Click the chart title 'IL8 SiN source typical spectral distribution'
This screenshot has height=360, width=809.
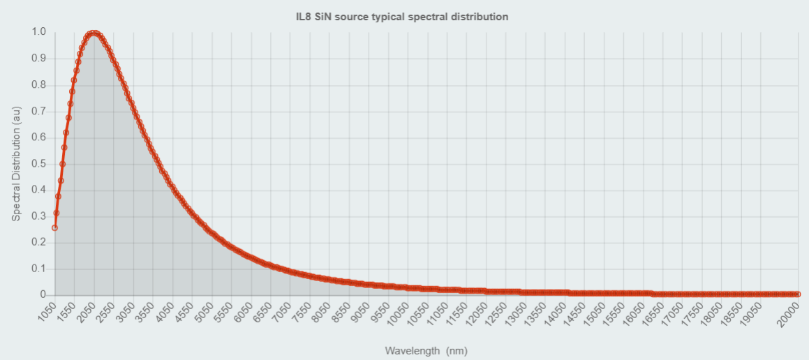(x=401, y=17)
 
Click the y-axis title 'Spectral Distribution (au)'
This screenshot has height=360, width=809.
(x=16, y=163)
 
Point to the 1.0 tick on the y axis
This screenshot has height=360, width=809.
(x=39, y=32)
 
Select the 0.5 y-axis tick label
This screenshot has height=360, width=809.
(x=39, y=163)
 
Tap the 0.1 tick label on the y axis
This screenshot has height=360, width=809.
(x=39, y=269)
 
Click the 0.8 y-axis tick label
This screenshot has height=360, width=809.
(x=39, y=84)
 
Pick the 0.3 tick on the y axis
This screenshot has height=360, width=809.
(x=39, y=216)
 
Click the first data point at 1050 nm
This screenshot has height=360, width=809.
(x=54, y=227)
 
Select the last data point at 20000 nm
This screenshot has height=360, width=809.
(x=798, y=294)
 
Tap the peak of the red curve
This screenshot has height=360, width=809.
(x=93, y=33)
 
